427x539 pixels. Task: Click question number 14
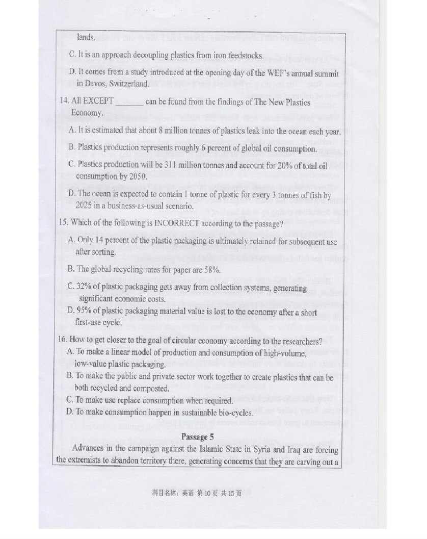[64, 102]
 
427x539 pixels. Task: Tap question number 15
[64, 222]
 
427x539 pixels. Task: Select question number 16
[64, 341]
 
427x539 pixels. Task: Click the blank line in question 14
[129, 103]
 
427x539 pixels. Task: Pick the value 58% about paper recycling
[212, 270]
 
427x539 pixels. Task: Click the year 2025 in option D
[84, 206]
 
